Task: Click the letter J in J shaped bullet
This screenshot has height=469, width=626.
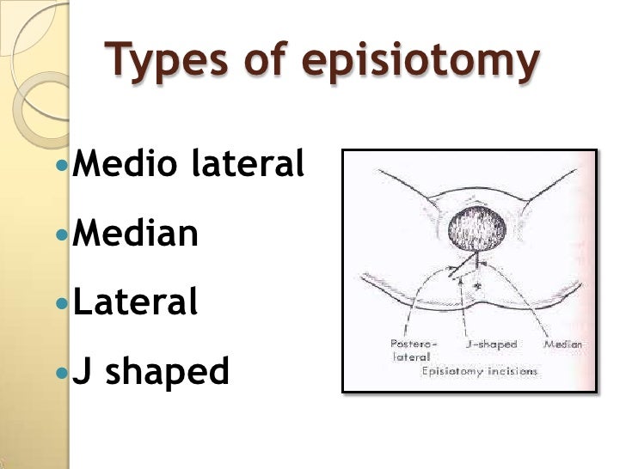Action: click(x=82, y=371)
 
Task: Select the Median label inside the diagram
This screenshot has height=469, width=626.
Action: click(x=563, y=344)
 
